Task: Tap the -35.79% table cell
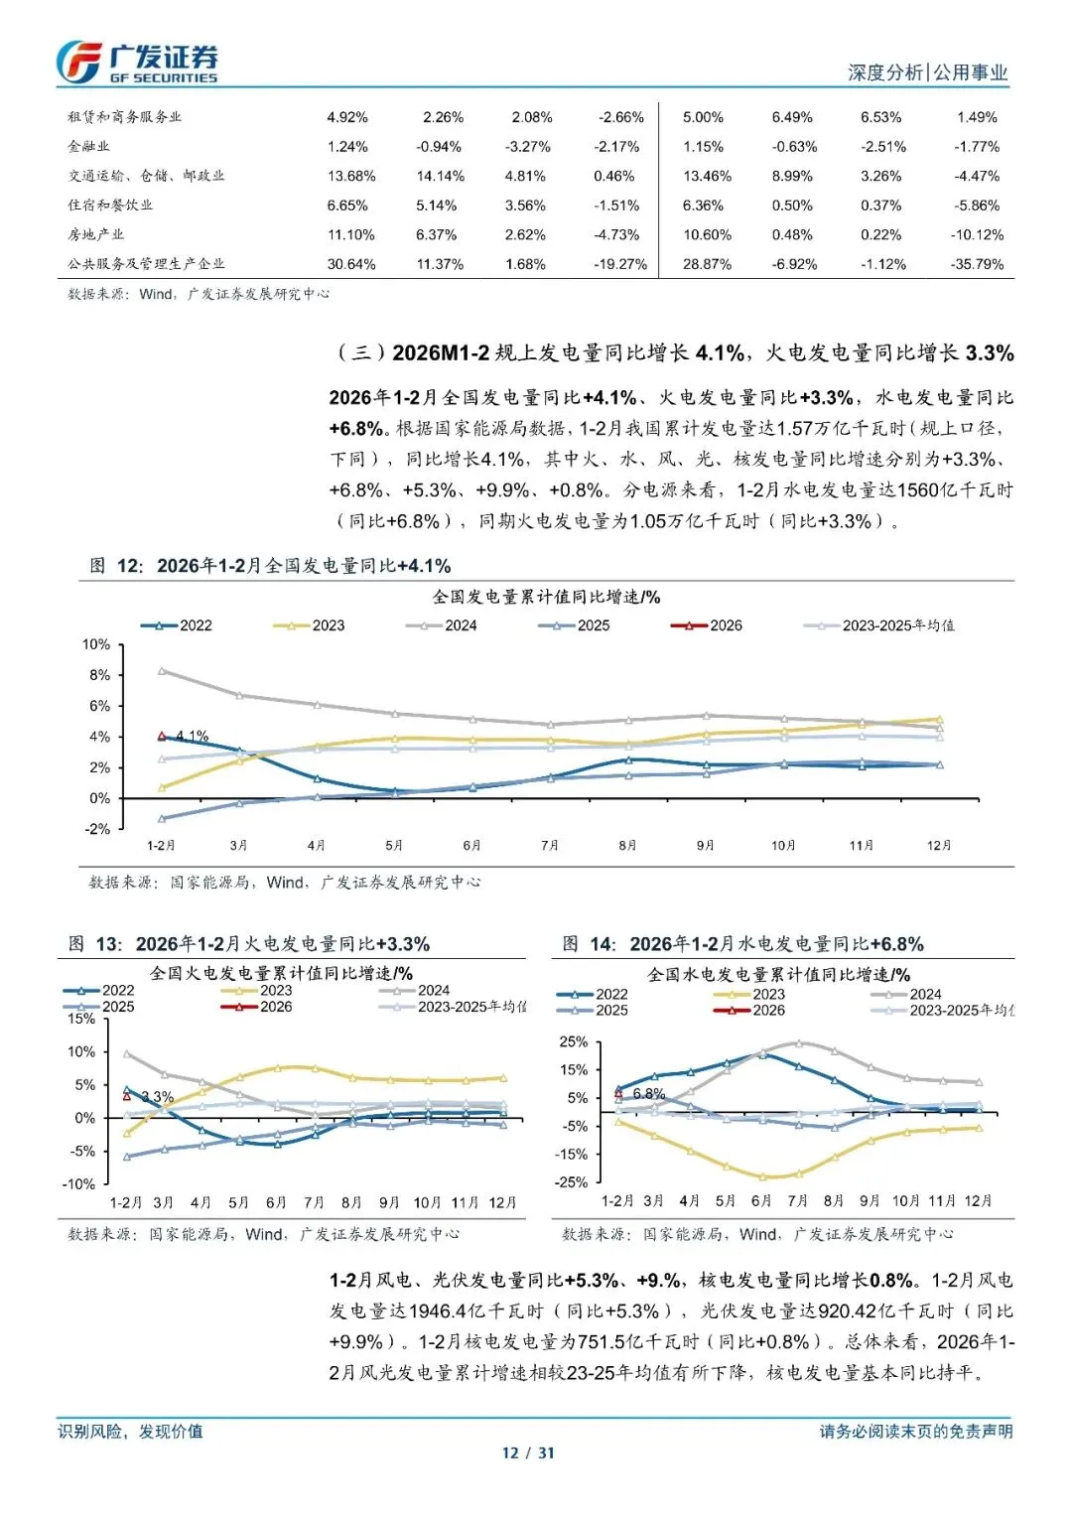(977, 265)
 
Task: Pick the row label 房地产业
(95, 235)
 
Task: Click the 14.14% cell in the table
(440, 177)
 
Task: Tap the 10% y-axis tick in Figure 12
(96, 644)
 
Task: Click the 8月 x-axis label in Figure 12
(627, 846)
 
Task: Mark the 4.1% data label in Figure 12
(192, 737)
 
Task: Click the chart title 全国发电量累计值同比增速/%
(546, 597)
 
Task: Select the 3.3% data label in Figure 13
(157, 1097)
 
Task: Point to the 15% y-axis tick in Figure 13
(81, 1019)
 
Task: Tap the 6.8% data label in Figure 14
(648, 1094)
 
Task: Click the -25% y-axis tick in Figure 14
(573, 1182)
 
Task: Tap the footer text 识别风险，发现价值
(130, 1432)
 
